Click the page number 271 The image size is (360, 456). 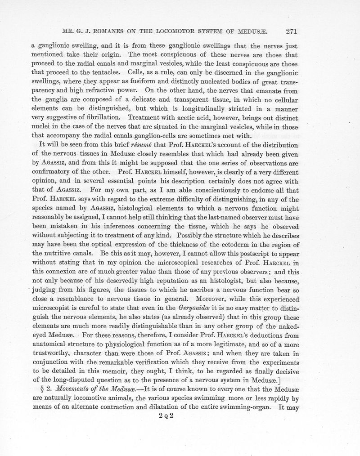pyautogui.click(x=293, y=31)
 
